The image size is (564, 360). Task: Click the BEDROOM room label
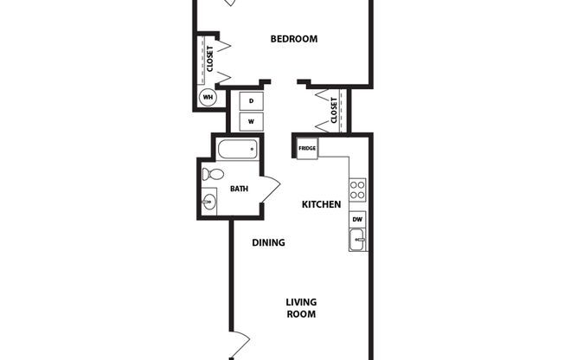coord(293,39)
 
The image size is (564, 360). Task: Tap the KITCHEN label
coord(320,205)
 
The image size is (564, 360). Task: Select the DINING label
coord(268,243)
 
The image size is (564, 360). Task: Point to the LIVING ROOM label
coord(301,308)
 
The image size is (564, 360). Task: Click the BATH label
coord(239,189)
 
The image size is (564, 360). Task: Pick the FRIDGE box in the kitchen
coord(307,149)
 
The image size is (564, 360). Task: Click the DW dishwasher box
coord(357,220)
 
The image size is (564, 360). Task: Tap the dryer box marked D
coord(251,100)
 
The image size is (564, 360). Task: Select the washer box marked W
coord(251,122)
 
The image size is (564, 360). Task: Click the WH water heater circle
coord(208,97)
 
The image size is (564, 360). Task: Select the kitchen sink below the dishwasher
coord(357,240)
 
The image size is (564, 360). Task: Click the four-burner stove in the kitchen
coord(357,189)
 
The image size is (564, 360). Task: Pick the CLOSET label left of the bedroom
coord(209,58)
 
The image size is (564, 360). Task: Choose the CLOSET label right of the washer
coord(334,110)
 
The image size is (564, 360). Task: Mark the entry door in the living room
coord(240,344)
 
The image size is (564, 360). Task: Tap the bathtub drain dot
coord(252,150)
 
